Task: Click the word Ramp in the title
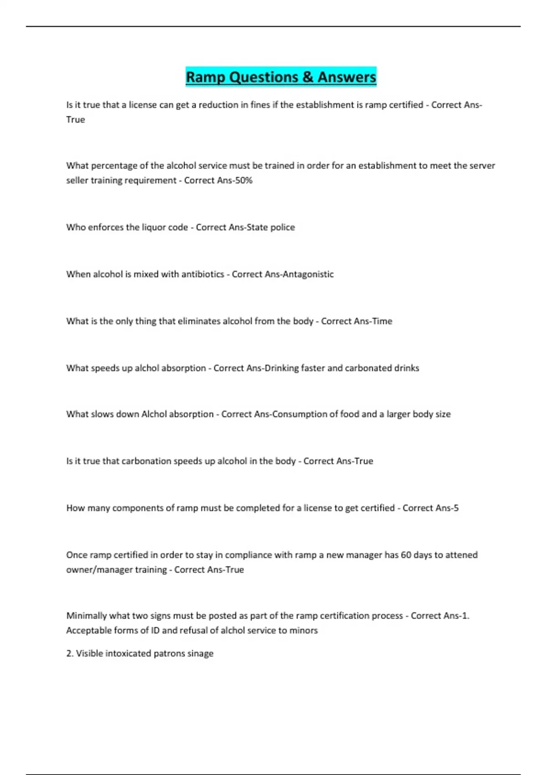point(206,77)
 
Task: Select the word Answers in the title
point(347,77)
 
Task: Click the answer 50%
point(243,181)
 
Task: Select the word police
point(282,227)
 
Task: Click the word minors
point(304,630)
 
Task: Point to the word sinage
point(200,654)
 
